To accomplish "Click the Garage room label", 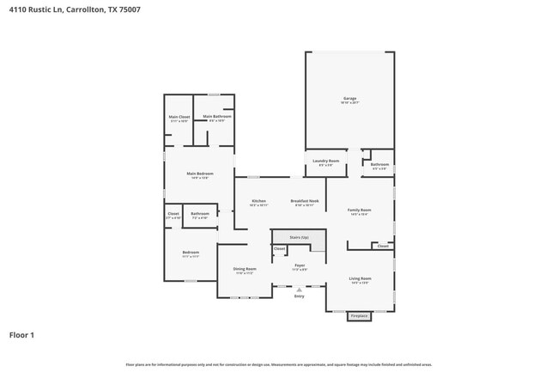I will (349, 99).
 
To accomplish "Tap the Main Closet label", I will (179, 117).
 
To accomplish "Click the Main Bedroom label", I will (199, 174).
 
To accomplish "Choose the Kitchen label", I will (258, 201).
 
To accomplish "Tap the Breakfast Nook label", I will (305, 201).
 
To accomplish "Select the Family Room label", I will (359, 210).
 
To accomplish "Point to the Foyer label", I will (300, 265).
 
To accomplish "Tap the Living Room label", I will (360, 278).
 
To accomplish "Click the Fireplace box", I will (359, 316).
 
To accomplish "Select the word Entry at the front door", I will (299, 296).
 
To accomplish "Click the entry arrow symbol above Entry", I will (299, 290).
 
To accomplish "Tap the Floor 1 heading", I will (21, 334).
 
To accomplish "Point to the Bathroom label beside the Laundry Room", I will (379, 164).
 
